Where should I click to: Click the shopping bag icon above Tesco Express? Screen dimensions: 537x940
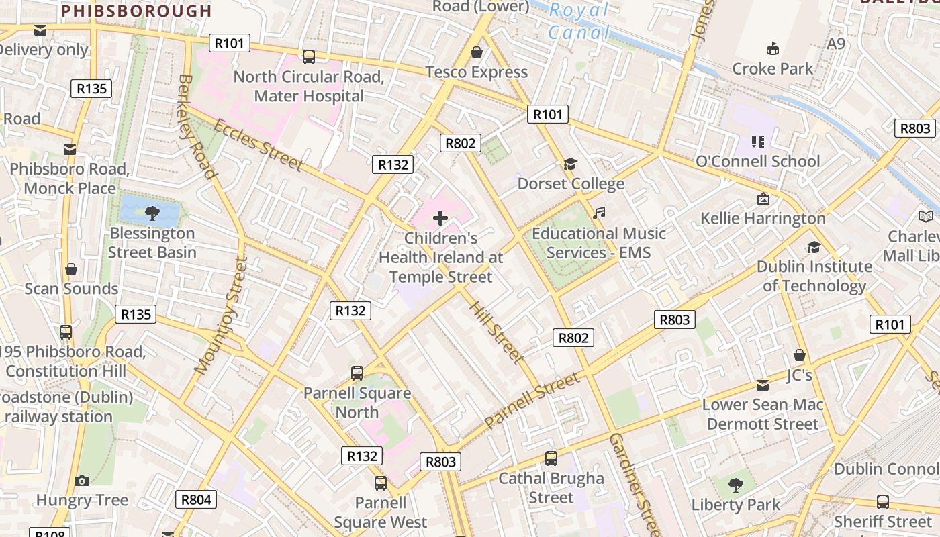point(477,52)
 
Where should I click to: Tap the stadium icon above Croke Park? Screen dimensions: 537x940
point(773,48)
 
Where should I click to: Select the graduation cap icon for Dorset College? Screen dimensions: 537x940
point(571,164)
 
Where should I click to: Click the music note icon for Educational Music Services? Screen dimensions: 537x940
point(599,213)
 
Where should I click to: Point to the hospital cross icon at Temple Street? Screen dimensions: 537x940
point(440,218)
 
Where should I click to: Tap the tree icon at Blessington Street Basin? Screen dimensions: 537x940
point(152,213)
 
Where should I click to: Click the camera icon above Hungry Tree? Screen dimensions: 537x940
point(82,481)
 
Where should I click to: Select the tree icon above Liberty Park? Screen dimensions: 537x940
point(736,485)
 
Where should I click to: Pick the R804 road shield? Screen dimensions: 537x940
point(197,499)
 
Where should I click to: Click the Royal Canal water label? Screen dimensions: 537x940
point(579,21)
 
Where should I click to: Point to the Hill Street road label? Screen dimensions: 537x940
point(496,332)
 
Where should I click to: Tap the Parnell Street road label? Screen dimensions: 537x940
point(532,401)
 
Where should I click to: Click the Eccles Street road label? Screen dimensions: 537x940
point(258,144)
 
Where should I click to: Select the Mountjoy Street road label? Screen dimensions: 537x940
point(221,314)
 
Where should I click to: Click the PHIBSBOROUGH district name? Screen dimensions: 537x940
point(136,11)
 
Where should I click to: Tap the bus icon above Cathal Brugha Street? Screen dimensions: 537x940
point(551,458)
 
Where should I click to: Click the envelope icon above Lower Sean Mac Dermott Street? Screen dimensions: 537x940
point(763,385)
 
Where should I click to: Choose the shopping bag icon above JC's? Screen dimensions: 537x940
point(799,355)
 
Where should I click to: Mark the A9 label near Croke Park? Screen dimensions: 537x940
point(836,44)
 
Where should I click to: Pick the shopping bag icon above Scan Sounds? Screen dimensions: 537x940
point(71,269)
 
